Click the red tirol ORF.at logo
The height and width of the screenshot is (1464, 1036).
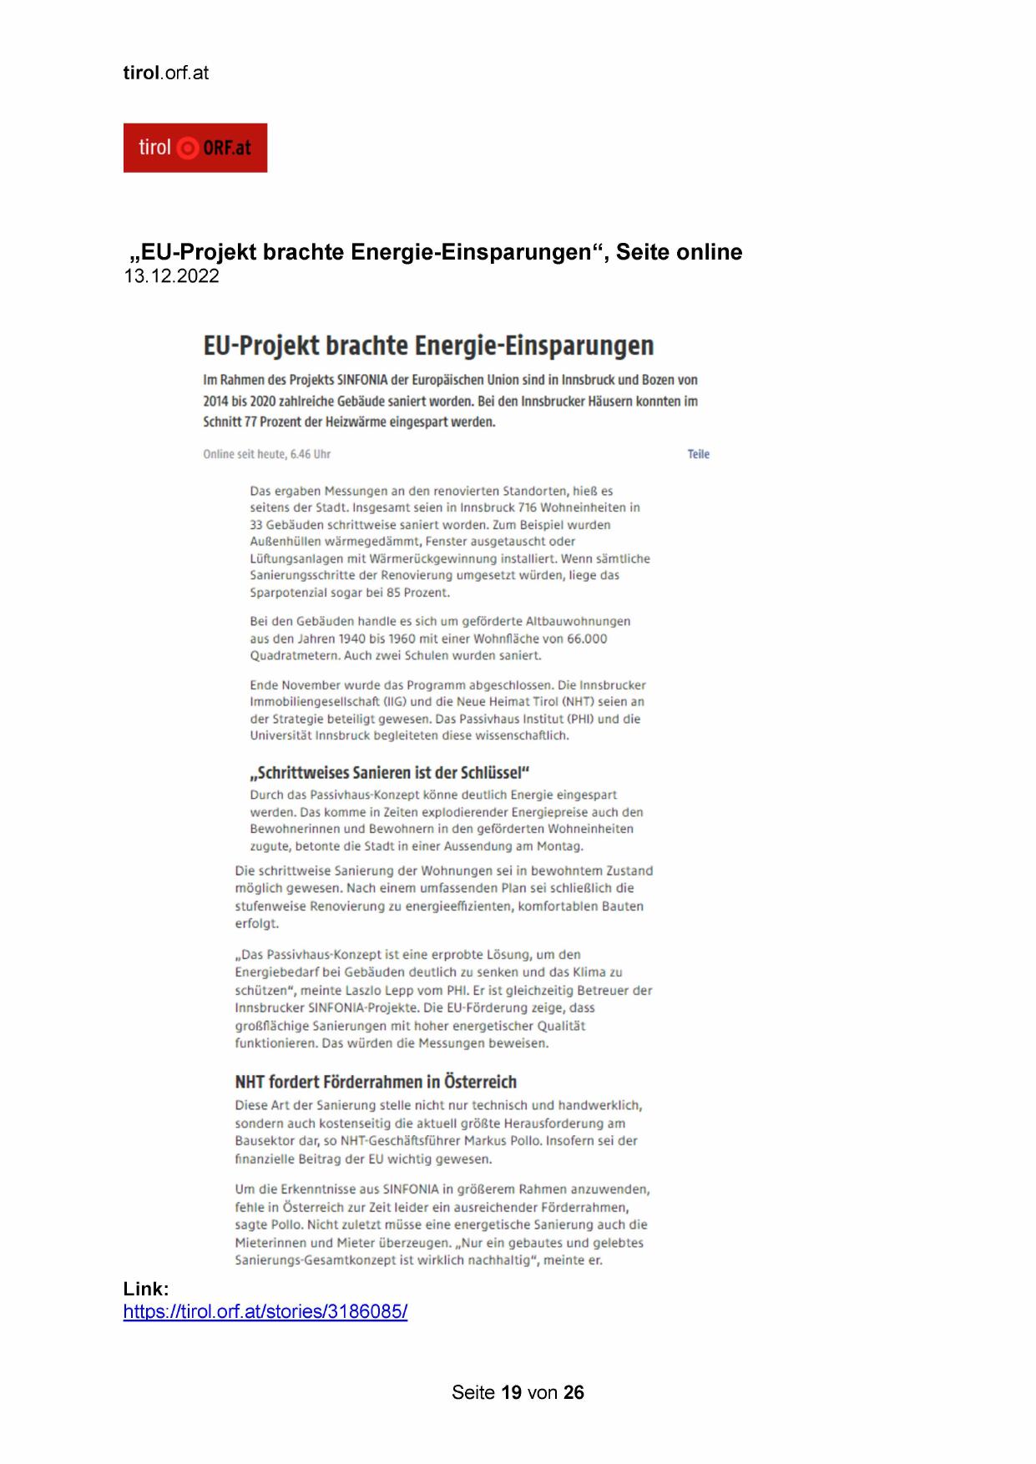[x=195, y=148]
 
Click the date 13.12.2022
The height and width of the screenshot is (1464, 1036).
[x=171, y=276]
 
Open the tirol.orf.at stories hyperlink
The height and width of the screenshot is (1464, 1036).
[x=265, y=1311]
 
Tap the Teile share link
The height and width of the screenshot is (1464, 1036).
[x=698, y=454]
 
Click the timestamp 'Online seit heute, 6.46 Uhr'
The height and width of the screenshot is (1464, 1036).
[x=266, y=454]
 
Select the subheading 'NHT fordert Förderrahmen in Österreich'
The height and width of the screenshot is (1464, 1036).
[x=376, y=1082]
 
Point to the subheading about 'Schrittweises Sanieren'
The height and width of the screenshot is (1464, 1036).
[x=390, y=772]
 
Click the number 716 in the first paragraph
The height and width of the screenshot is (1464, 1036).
[x=527, y=507]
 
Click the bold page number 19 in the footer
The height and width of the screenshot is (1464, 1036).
[x=511, y=1392]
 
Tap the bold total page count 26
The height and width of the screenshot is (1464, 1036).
[x=574, y=1392]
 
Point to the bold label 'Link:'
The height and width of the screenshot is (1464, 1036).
[x=146, y=1289]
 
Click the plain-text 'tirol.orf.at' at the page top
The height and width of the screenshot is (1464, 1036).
[x=165, y=73]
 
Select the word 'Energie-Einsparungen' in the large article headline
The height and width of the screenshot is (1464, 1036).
[x=534, y=345]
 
